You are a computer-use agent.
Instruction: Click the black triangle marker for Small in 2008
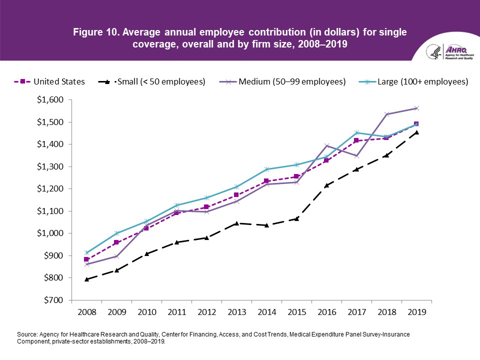tap(86, 279)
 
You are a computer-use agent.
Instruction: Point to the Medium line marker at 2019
tap(416, 108)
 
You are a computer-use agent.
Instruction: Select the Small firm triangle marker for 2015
tap(296, 218)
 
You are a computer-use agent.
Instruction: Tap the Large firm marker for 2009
tap(116, 233)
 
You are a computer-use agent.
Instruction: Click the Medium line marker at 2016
tap(326, 146)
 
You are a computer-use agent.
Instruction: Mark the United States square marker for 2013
tap(236, 195)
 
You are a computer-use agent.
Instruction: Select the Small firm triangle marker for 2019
tap(416, 132)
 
